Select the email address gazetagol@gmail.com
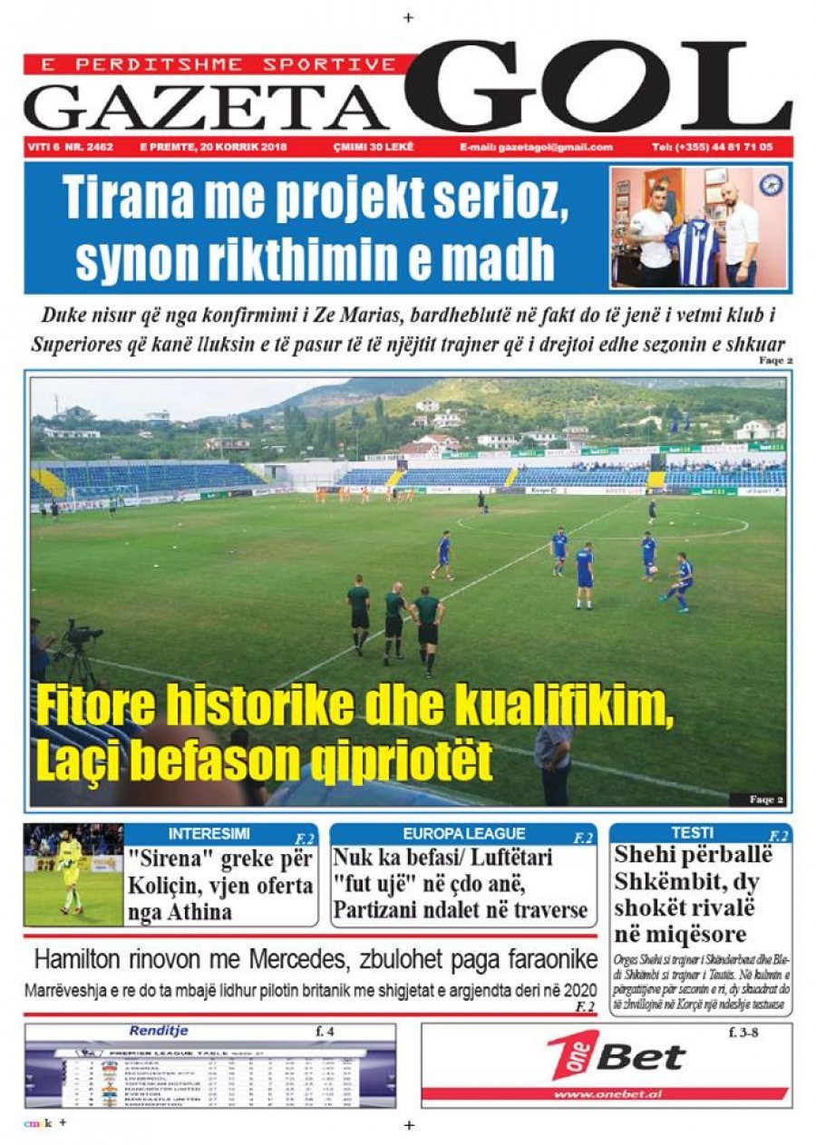pyautogui.click(x=536, y=147)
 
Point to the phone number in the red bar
pyautogui.click(x=712, y=147)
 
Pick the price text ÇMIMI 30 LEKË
pyautogui.click(x=372, y=147)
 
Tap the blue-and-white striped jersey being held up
pyautogui.click(x=692, y=250)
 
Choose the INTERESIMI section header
pyautogui.click(x=209, y=833)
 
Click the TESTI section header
pyautogui.click(x=692, y=832)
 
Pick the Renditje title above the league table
pyautogui.click(x=159, y=1031)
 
